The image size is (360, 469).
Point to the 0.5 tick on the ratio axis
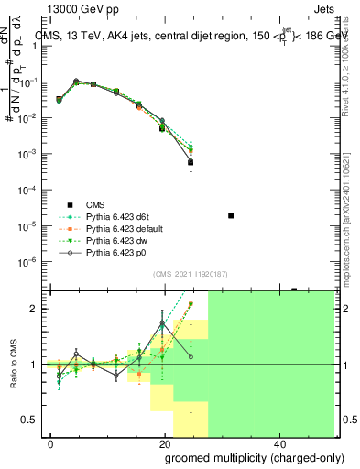32,420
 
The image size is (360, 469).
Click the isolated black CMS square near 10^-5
231,215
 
